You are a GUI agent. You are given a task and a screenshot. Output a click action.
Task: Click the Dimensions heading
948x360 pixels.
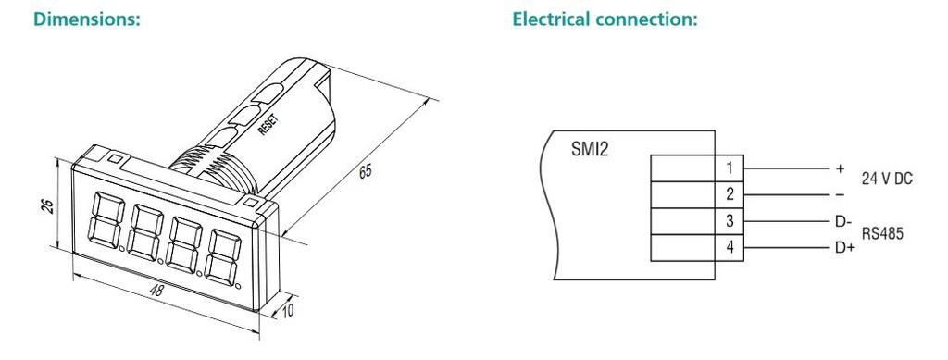click(x=87, y=19)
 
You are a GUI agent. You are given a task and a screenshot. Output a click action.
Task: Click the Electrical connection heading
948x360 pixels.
click(x=605, y=19)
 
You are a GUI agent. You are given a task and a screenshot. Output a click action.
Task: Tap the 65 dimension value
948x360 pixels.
click(x=366, y=171)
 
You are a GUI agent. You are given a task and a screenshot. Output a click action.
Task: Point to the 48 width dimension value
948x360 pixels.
click(x=156, y=291)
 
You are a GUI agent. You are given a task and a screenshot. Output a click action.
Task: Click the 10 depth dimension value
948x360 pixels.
click(x=289, y=311)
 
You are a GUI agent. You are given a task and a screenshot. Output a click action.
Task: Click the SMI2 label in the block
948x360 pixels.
click(x=590, y=149)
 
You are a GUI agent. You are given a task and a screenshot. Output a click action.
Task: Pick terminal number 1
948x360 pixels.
click(x=730, y=168)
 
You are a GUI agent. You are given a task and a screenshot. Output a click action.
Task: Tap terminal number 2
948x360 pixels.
click(x=730, y=194)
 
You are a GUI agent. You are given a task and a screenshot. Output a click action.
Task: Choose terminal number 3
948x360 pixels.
click(x=730, y=221)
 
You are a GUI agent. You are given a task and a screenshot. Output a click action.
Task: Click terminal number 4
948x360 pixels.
click(x=730, y=248)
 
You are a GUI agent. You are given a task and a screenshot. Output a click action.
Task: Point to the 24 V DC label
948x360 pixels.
click(x=887, y=179)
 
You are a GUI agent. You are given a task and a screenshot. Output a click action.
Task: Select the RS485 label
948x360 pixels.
click(x=882, y=233)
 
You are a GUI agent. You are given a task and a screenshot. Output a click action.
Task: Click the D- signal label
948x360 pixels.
click(x=843, y=222)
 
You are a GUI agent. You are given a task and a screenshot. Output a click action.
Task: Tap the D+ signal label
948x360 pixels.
click(x=844, y=248)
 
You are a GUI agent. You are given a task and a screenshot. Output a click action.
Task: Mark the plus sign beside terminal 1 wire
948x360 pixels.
click(x=840, y=168)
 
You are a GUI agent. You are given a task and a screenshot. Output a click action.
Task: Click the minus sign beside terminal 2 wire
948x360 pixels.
click(x=840, y=194)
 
